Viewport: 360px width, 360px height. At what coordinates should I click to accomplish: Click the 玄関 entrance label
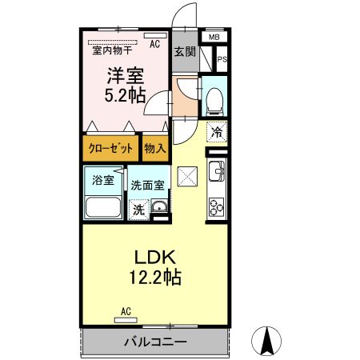pyautogui.click(x=184, y=51)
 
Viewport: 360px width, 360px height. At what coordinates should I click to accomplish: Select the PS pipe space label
pyautogui.click(x=222, y=58)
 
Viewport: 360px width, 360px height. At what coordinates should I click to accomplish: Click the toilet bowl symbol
pyautogui.click(x=214, y=100)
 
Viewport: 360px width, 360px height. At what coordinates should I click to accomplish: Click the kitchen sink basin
pyautogui.click(x=216, y=170)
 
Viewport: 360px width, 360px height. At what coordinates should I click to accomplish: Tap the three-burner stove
pyautogui.click(x=216, y=206)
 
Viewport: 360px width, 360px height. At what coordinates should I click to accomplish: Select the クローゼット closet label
pyautogui.click(x=108, y=148)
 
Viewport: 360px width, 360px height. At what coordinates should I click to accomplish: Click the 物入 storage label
pyautogui.click(x=154, y=148)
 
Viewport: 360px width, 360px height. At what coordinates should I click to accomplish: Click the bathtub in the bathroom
pyautogui.click(x=102, y=210)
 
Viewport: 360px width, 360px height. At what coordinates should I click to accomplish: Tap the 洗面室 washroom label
pyautogui.click(x=148, y=185)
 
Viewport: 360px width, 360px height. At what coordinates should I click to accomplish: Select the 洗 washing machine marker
pyautogui.click(x=138, y=210)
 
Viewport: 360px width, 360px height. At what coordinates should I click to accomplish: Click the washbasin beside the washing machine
pyautogui.click(x=159, y=210)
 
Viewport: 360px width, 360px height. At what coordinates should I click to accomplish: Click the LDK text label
pyautogui.click(x=154, y=258)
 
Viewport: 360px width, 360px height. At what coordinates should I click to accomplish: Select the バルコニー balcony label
pyautogui.click(x=155, y=342)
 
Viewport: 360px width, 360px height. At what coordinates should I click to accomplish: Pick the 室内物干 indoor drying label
pyautogui.click(x=112, y=50)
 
